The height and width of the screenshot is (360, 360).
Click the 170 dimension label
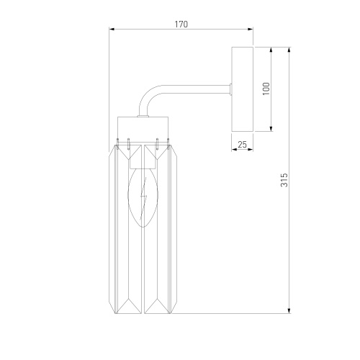(181, 24)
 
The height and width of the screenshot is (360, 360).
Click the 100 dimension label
(266, 89)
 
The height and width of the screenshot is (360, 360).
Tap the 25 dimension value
(242, 145)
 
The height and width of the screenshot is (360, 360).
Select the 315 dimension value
(284, 180)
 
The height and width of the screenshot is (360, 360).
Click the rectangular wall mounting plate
(243, 89)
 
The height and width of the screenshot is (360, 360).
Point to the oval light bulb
(143, 197)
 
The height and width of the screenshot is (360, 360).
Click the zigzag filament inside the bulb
(143, 199)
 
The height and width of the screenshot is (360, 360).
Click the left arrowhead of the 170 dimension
(112, 29)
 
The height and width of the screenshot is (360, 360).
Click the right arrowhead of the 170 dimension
(251, 29)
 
